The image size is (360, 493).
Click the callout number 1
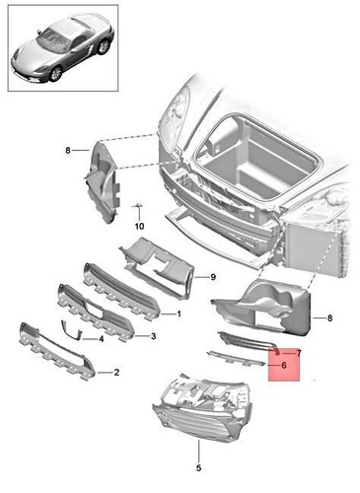point(179,315)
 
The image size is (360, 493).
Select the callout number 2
point(116,373)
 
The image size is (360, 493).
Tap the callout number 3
point(152,336)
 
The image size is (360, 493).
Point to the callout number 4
point(101,338)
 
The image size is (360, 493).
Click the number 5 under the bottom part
point(197,467)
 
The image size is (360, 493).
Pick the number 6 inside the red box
point(284,365)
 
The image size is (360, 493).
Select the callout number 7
point(298,352)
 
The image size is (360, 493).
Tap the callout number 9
point(211,278)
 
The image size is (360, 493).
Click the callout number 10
point(139,225)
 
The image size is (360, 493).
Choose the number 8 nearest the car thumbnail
point(68,150)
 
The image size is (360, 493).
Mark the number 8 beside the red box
point(329,318)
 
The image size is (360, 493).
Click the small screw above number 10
point(138,206)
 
